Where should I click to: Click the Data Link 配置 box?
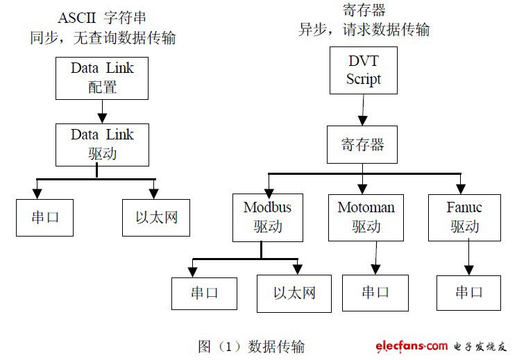coord(101,78)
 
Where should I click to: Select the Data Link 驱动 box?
coord(101,144)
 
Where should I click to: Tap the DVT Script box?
coord(364,71)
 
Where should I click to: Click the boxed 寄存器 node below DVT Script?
coord(363,146)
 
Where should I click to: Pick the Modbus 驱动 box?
coord(267,217)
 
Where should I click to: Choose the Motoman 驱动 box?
coord(366,217)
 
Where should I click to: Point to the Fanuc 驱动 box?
coord(465,217)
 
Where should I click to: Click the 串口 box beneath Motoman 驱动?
coord(375,292)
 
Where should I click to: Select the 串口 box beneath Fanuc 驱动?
coord(469,292)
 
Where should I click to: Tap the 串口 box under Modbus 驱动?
coord(205,293)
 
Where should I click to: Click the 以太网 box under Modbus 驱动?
coord(294,293)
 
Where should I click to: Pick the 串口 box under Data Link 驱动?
coord(44,217)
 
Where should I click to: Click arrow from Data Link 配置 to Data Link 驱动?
coord(102,109)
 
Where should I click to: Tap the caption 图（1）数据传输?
coord(251,345)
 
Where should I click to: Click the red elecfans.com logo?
coord(412,345)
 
